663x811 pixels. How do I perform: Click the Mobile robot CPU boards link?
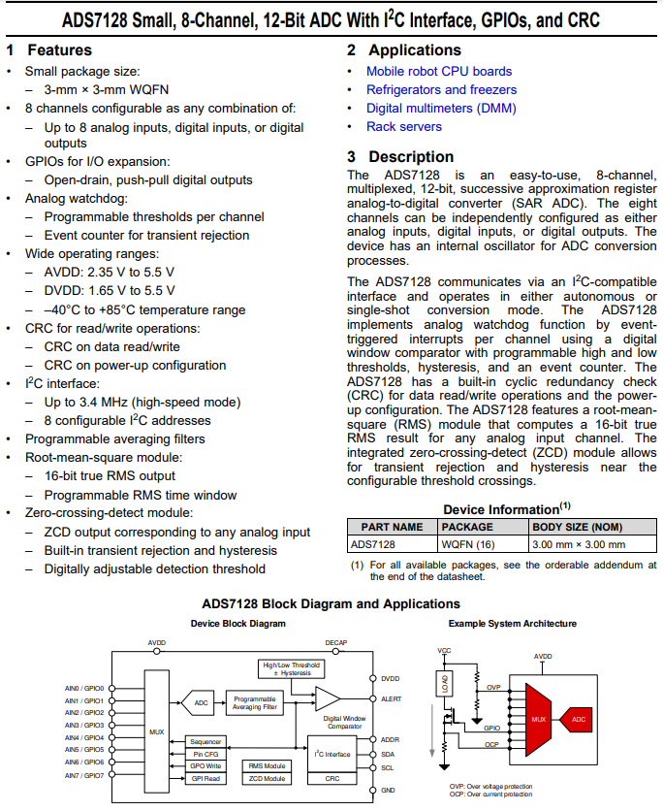pos(438,71)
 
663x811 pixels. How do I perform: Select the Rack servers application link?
pos(403,126)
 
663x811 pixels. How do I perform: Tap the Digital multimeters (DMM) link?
pos(441,108)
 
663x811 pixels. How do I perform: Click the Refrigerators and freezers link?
pos(441,89)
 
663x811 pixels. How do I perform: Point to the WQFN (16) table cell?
pos(467,544)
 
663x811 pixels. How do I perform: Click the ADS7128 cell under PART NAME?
pos(373,544)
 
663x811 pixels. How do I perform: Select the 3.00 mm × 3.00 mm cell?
pos(579,544)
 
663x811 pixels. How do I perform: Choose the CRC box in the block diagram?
pos(332,778)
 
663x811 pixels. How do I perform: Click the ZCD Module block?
pos(267,778)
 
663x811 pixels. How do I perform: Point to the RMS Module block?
pos(267,765)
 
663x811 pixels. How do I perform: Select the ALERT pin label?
pos(391,698)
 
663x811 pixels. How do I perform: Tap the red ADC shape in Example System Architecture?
pos(578,720)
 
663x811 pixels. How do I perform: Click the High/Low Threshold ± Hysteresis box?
pos(291,668)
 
